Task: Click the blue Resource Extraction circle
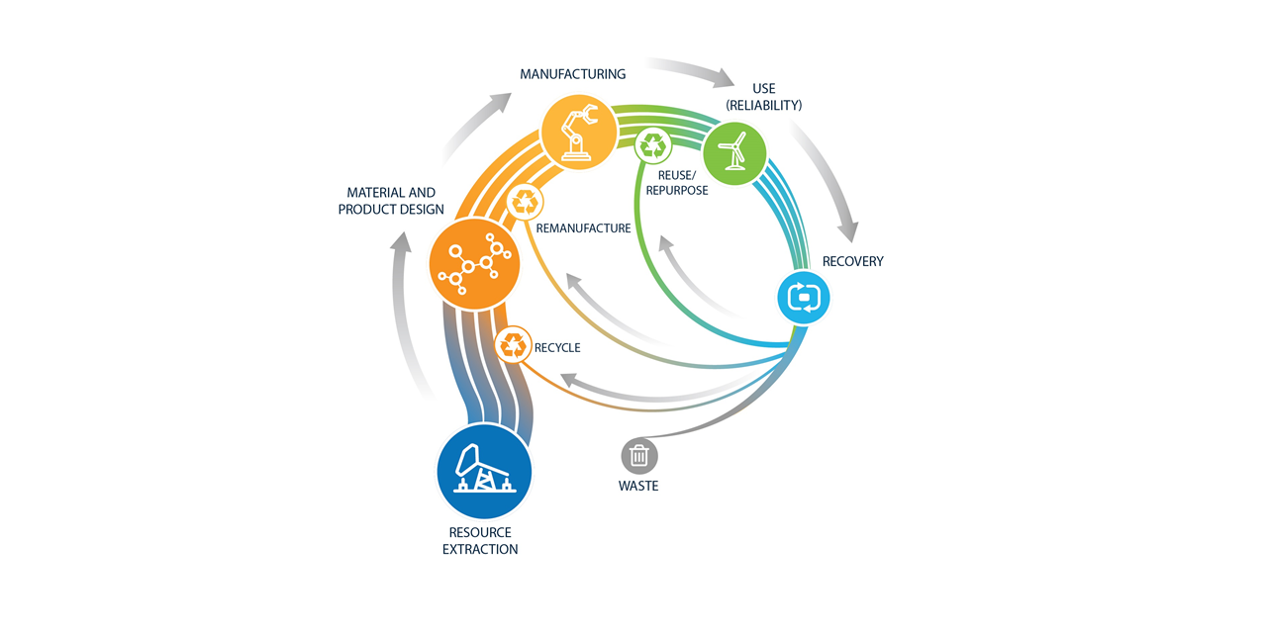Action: click(484, 472)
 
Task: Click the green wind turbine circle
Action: click(734, 153)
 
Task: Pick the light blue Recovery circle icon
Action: click(803, 297)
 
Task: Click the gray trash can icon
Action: click(639, 456)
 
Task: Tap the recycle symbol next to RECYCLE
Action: click(514, 345)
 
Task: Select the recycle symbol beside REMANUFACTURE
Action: click(526, 203)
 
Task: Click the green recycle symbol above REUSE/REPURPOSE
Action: click(653, 146)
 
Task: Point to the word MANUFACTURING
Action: click(573, 74)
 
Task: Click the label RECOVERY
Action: click(852, 261)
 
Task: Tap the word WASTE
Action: click(638, 486)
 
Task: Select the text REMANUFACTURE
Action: click(583, 228)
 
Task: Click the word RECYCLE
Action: click(557, 347)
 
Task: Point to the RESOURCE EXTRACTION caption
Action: click(480, 541)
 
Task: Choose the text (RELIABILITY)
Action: click(763, 105)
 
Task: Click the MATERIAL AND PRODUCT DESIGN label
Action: click(391, 201)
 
